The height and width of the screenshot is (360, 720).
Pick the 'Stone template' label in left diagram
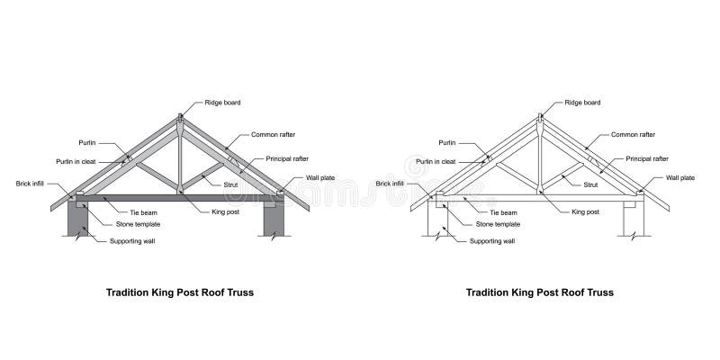click(138, 224)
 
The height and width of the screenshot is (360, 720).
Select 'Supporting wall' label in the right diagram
click(493, 241)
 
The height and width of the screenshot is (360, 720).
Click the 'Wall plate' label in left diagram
click(320, 178)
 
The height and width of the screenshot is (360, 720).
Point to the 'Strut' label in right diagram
click(590, 184)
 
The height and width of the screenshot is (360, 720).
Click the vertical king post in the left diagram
click(181, 162)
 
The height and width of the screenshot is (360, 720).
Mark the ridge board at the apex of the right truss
click(541, 118)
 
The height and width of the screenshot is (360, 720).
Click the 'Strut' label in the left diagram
click(230, 184)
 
